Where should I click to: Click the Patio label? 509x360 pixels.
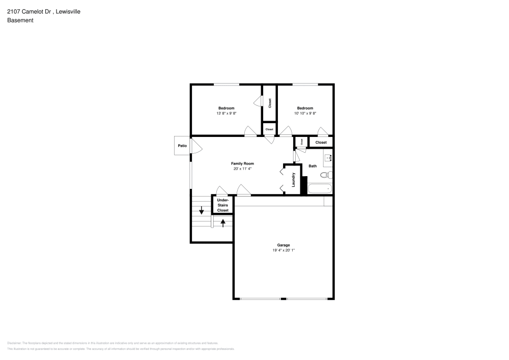tap(182, 146)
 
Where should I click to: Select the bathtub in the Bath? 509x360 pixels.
tap(320, 188)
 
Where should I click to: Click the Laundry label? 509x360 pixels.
tap(294, 179)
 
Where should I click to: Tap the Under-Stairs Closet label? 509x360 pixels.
tap(223, 205)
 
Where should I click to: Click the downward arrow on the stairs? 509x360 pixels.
tap(202, 210)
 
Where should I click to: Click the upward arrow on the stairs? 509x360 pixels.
tap(223, 221)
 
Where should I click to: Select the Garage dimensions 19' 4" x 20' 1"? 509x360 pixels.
tap(284, 250)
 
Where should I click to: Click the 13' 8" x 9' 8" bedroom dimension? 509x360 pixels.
tap(227, 113)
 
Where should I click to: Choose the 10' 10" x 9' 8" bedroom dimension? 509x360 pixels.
tap(305, 113)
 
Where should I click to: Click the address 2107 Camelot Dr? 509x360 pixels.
tap(28, 11)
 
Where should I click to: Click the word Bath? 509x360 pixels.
tap(313, 166)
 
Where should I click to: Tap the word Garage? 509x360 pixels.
tap(284, 245)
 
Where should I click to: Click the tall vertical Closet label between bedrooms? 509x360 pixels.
tap(269, 103)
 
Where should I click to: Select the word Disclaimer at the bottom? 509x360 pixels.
tap(14, 343)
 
